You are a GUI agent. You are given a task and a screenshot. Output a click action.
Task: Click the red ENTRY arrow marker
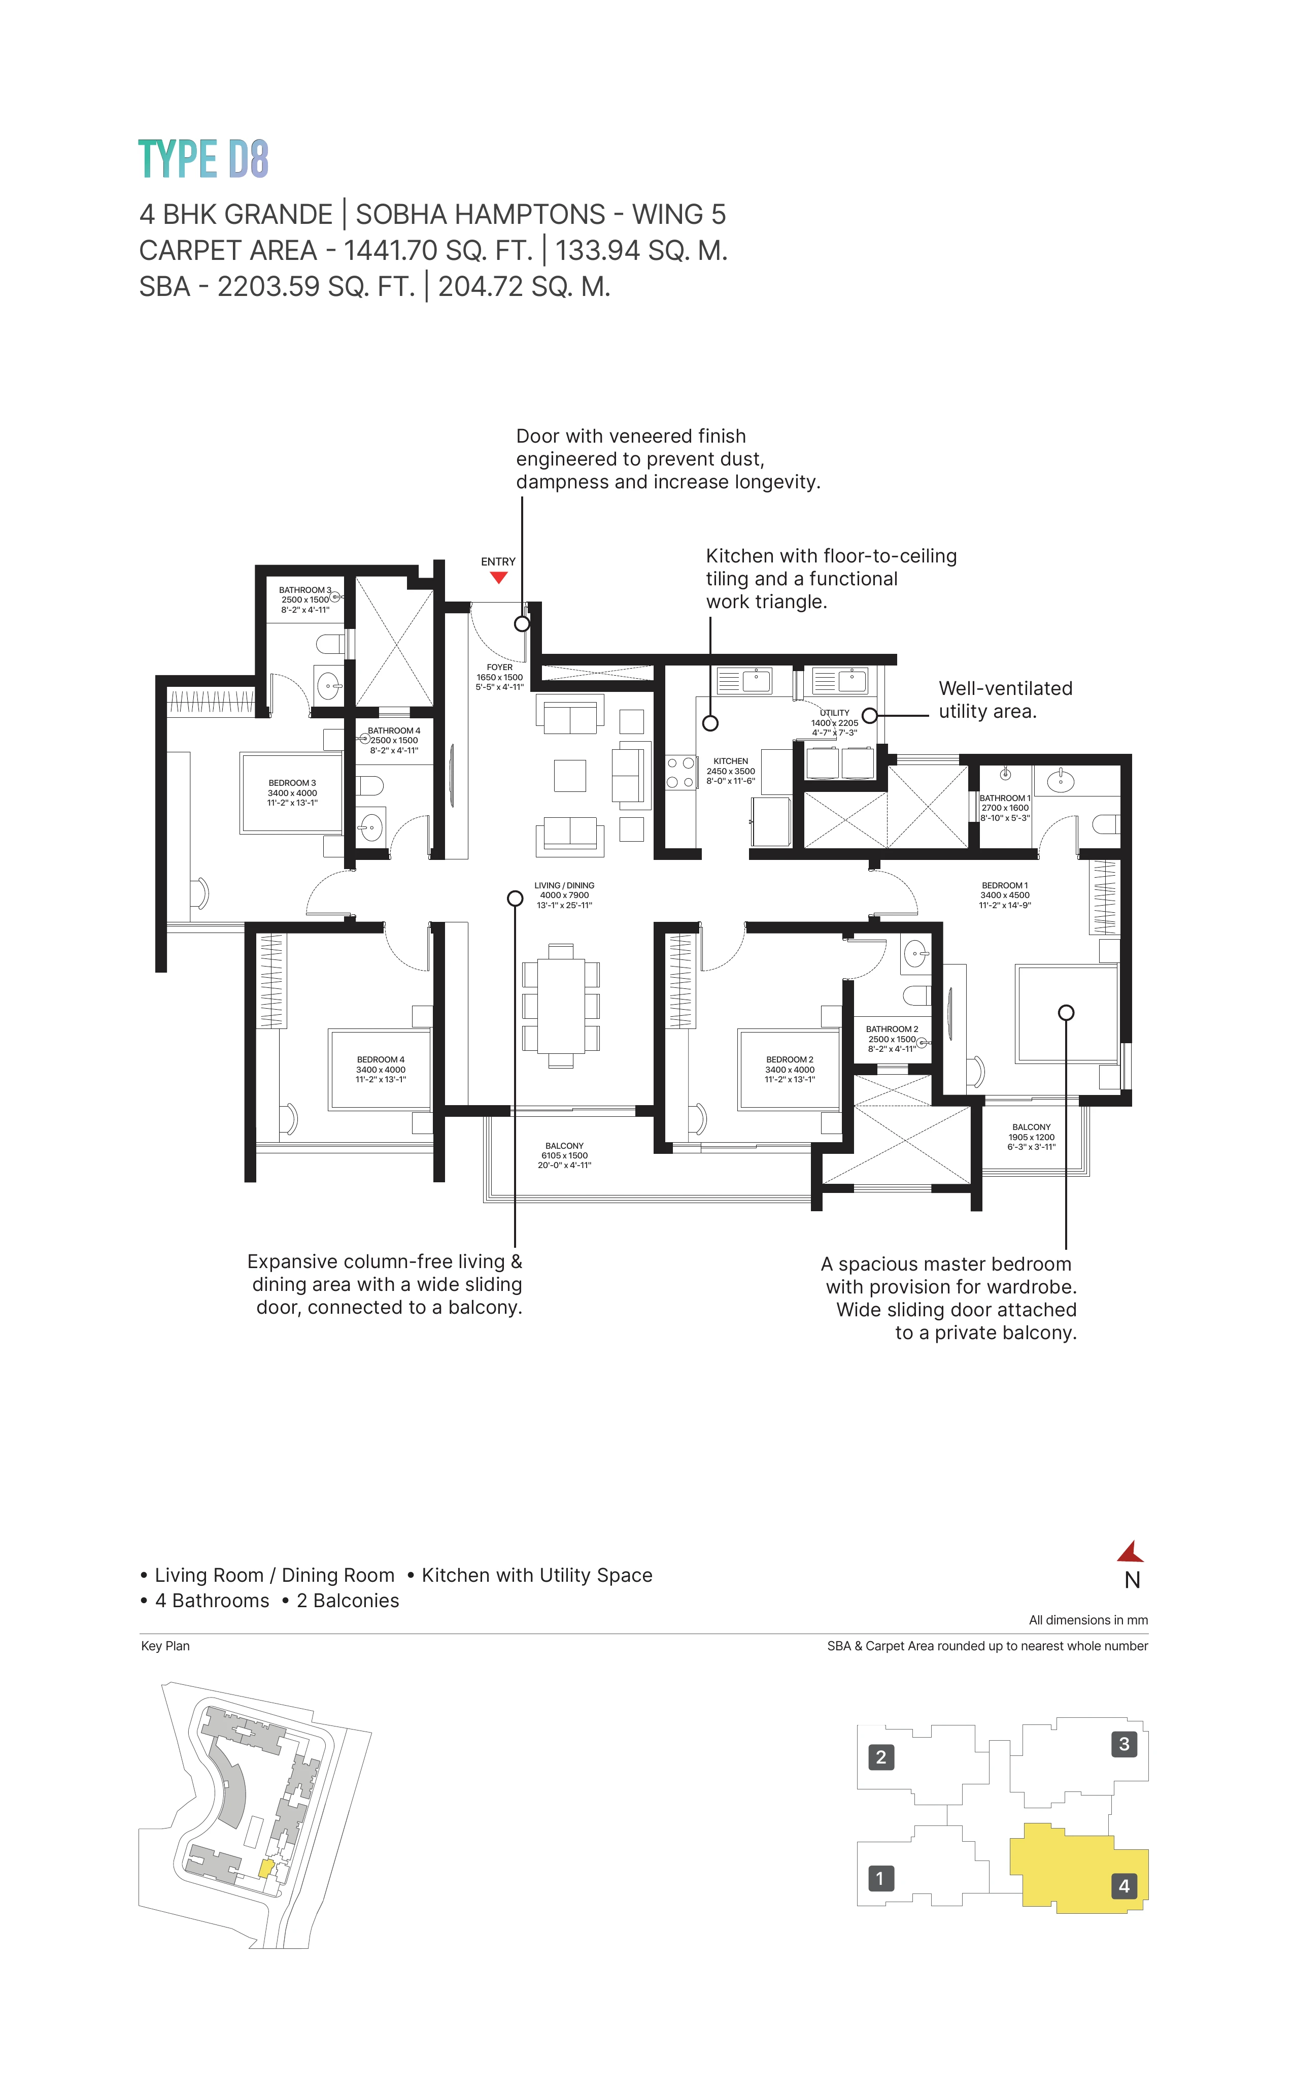tap(498, 578)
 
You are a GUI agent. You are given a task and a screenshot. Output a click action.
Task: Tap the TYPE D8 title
tap(203, 159)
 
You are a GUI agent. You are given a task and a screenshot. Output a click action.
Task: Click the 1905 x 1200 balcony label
tap(1031, 1137)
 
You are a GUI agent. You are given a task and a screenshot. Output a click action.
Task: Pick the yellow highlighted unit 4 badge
tap(1123, 1886)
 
